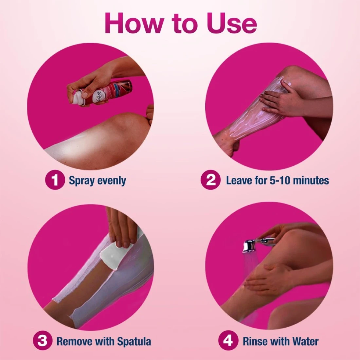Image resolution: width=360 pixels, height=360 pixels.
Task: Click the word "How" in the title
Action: coord(134,23)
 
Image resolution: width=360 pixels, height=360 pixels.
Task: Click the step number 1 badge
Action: coord(55,180)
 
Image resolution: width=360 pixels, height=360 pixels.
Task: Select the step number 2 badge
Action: coord(211,180)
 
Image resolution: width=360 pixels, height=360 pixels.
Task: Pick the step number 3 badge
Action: coord(42,341)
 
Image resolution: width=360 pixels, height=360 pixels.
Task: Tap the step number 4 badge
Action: coord(228,341)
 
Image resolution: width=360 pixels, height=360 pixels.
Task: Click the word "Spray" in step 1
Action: coord(82,181)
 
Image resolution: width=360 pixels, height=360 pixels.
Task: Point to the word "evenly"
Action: coord(112,181)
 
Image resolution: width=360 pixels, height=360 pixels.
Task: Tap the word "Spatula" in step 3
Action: coord(134,341)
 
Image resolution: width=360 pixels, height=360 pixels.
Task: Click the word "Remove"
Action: coord(74,341)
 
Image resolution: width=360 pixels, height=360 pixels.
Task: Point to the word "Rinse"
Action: coord(253,341)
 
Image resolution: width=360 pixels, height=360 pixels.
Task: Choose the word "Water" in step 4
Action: coord(305,341)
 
